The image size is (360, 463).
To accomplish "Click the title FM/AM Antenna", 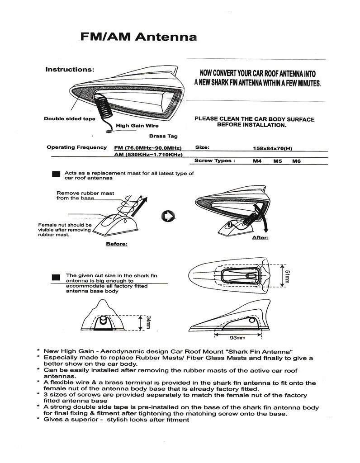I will [138, 37].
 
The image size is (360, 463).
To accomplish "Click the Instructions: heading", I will [70, 70].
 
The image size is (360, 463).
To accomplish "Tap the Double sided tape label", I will [69, 118].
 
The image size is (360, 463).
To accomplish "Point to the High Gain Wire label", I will [137, 126].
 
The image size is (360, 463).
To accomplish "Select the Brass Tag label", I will [163, 136].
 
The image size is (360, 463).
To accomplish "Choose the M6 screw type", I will [297, 161].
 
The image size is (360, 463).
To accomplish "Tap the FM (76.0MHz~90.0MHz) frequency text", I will [148, 147].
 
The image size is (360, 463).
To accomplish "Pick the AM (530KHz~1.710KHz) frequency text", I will [148, 155].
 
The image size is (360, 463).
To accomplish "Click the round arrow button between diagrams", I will [168, 217].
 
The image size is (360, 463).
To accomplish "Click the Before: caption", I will [116, 244].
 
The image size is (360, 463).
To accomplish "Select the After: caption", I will [260, 237].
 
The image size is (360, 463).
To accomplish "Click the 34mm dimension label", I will [148, 322].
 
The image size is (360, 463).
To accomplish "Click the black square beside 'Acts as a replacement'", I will [57, 174].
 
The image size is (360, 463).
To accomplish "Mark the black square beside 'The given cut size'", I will [57, 277].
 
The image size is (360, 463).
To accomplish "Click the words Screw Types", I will [214, 161].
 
